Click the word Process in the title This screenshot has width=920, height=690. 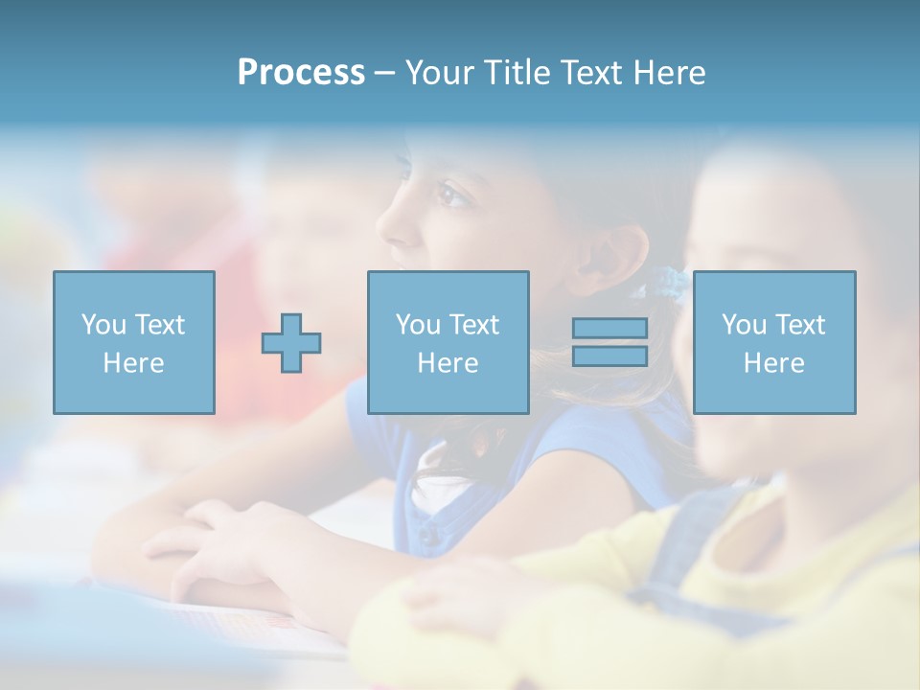coord(301,73)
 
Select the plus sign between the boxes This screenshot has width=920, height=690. coord(291,343)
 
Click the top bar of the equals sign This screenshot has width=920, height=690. coord(609,329)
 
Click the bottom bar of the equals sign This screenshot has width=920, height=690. coord(609,356)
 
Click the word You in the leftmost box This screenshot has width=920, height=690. coord(103,325)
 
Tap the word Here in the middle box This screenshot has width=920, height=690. coord(448,363)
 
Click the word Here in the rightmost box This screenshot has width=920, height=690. coord(774,363)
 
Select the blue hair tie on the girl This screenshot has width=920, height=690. coord(669,282)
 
